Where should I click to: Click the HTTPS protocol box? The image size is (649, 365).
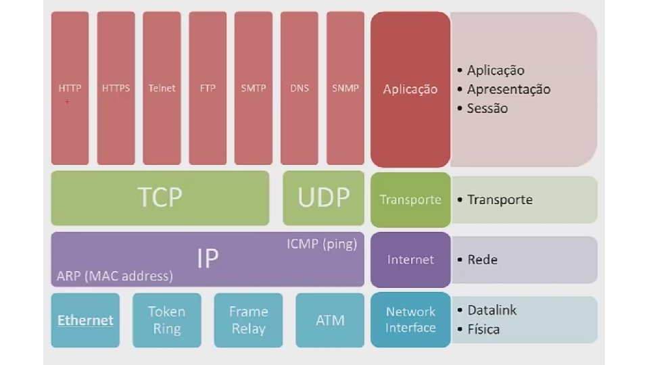pos(116,88)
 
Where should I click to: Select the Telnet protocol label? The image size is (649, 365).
pos(162,88)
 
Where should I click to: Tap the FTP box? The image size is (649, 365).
pos(208,88)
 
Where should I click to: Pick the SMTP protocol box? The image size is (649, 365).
pos(254,88)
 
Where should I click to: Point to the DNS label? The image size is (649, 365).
pos(299,88)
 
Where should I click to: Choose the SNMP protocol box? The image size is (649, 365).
pos(345,88)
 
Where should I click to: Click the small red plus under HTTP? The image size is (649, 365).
pos(67,101)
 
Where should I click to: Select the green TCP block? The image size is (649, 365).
pos(160,197)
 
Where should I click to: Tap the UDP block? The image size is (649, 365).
pos(324,197)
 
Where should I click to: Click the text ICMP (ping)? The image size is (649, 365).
pos(322,243)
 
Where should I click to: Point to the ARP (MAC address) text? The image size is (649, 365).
pos(115,276)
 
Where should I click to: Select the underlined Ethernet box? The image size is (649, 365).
pos(85,320)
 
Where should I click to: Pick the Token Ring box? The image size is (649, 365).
pos(167,320)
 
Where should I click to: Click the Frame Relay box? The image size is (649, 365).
pos(248,320)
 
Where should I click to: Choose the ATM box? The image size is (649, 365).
pos(330,320)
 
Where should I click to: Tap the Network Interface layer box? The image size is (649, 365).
pos(410,320)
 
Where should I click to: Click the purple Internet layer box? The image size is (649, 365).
pos(410,260)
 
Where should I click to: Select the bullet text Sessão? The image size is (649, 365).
pos(487,108)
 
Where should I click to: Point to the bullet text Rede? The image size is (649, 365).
pos(482,260)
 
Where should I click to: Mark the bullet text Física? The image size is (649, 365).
pos(483,330)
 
